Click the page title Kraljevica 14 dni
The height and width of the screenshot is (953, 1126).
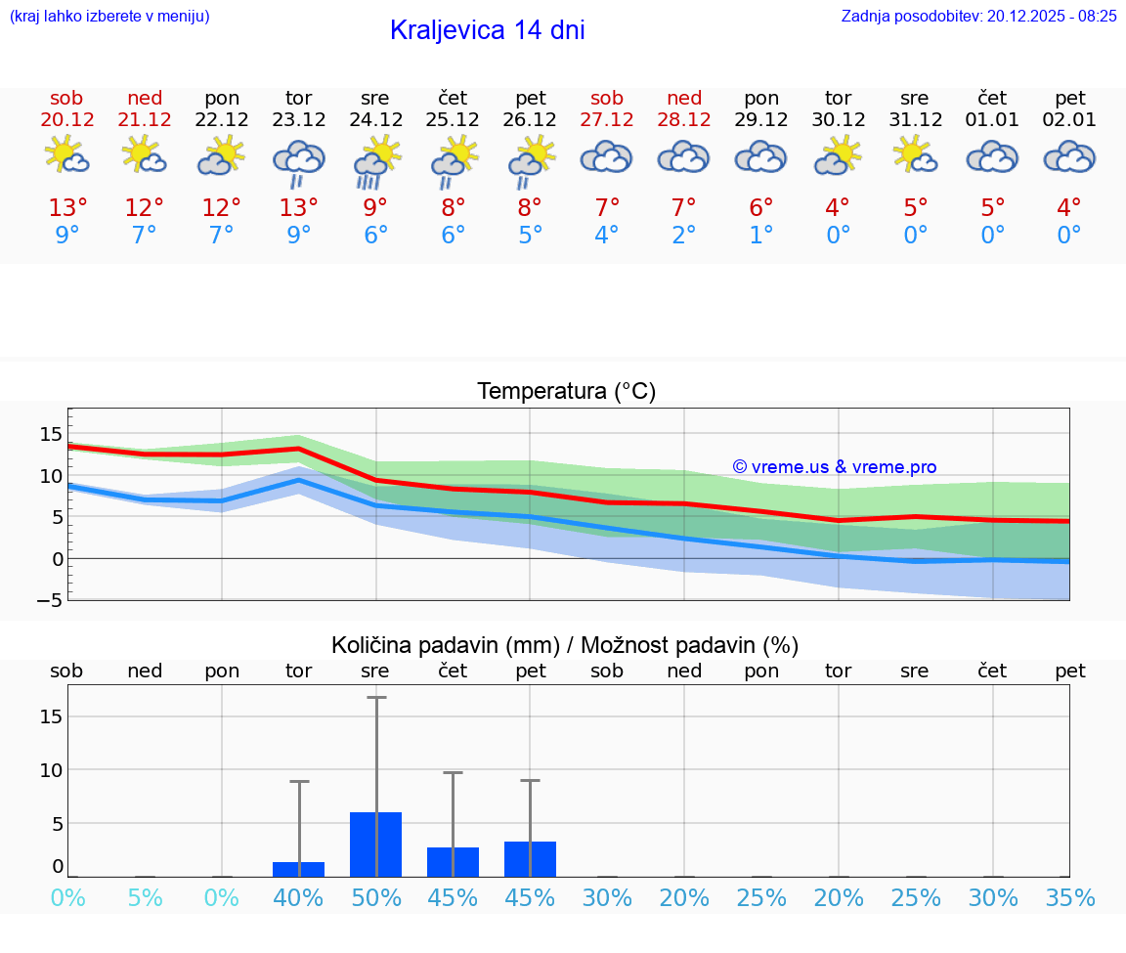(x=487, y=30)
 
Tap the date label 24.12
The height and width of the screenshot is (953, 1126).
(x=375, y=120)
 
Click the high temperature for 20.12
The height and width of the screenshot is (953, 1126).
(x=67, y=207)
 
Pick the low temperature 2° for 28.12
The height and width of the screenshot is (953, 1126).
(x=684, y=236)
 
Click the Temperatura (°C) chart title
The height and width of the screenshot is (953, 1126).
(x=566, y=392)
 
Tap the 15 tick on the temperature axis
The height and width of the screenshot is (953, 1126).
(x=51, y=434)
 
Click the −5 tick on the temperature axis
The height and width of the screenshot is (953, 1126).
(x=49, y=599)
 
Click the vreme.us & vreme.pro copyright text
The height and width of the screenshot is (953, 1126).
(x=835, y=467)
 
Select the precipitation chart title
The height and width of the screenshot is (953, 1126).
(x=565, y=645)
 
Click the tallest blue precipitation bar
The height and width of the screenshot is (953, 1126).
(x=375, y=845)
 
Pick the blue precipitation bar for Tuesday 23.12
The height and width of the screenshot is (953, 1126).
(x=298, y=869)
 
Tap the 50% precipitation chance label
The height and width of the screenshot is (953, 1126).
(x=375, y=897)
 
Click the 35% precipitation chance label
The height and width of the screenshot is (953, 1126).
(x=1069, y=897)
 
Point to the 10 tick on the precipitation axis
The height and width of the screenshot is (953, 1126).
(x=51, y=770)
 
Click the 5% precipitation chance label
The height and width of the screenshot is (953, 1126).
(x=145, y=897)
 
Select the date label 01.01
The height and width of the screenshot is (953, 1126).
(x=992, y=120)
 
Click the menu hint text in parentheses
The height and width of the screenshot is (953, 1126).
(x=108, y=16)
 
